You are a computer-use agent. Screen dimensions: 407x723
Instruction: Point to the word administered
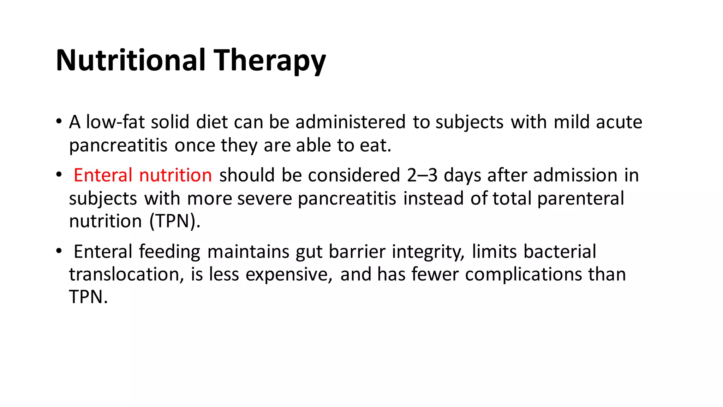point(350,122)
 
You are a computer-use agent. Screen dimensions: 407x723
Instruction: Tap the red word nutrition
point(175,175)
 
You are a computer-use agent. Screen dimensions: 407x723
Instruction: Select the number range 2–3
point(422,175)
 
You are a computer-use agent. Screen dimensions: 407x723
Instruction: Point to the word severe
point(264,198)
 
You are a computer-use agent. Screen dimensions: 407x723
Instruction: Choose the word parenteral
point(581,199)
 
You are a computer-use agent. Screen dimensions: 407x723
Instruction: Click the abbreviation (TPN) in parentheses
point(175,222)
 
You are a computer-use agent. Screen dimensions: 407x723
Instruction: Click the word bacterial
point(560,252)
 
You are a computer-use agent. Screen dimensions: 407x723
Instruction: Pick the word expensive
point(289,275)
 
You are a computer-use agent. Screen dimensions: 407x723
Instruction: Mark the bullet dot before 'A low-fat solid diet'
point(59,122)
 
